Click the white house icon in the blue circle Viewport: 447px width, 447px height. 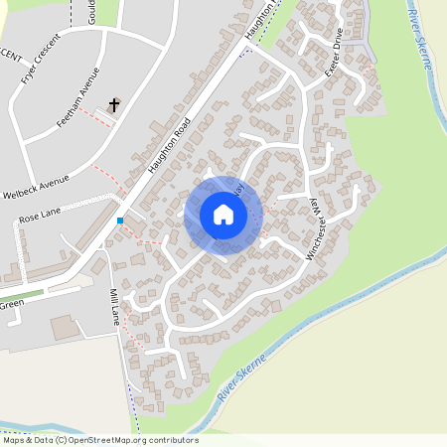[x=223, y=214]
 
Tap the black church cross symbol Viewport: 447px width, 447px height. [x=113, y=103]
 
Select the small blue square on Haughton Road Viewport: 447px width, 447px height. [x=120, y=221]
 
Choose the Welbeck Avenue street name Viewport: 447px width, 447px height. [x=37, y=186]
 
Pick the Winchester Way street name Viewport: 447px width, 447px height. [x=326, y=227]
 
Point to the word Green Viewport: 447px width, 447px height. [x=11, y=305]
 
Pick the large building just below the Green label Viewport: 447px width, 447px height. [x=66, y=327]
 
